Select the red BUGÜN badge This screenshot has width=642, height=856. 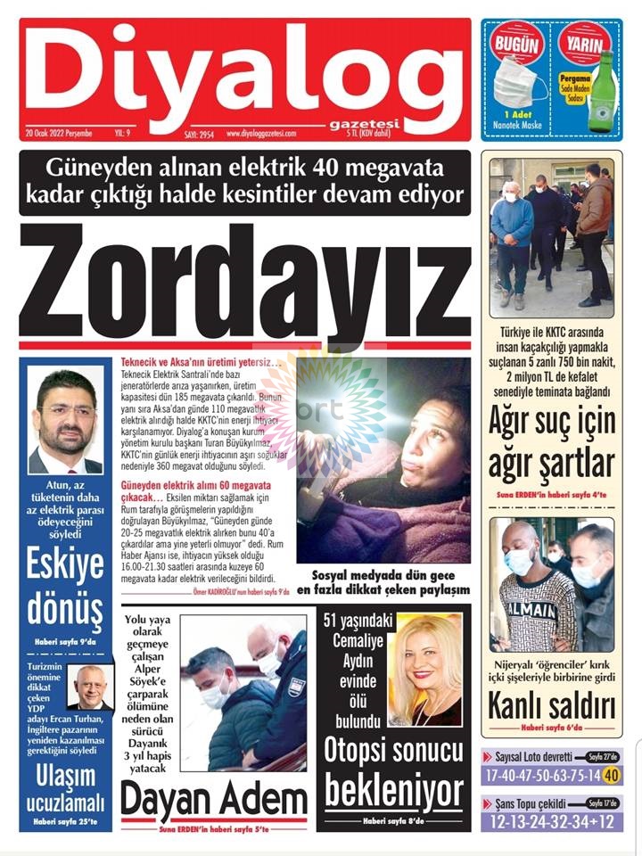(x=517, y=44)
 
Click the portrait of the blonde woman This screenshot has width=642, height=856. (x=424, y=656)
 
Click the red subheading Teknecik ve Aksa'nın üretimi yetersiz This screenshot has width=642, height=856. (x=201, y=363)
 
